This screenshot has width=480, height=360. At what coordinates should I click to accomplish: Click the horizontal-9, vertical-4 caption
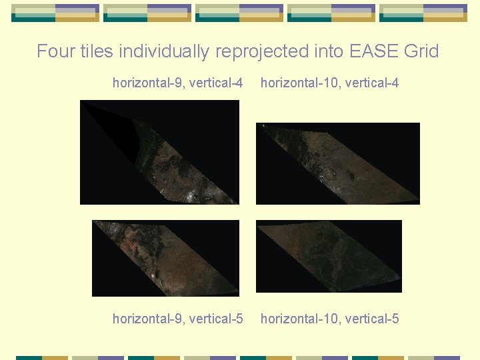pyautogui.click(x=177, y=83)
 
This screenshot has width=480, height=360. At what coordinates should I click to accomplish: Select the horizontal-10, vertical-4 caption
pyautogui.click(x=329, y=83)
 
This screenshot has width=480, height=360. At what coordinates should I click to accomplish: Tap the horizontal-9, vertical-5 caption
pyautogui.click(x=177, y=319)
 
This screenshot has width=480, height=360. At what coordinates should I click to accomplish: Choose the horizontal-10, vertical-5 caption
pyautogui.click(x=329, y=319)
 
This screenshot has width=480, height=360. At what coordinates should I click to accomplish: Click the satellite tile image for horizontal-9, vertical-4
pyautogui.click(x=159, y=152)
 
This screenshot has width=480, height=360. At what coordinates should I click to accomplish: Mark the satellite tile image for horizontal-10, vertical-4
pyautogui.click(x=338, y=163)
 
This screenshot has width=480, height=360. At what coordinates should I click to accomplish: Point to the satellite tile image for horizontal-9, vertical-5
pyautogui.click(x=165, y=258)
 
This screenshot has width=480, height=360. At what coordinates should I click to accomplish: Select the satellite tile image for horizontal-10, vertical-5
pyautogui.click(x=329, y=256)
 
